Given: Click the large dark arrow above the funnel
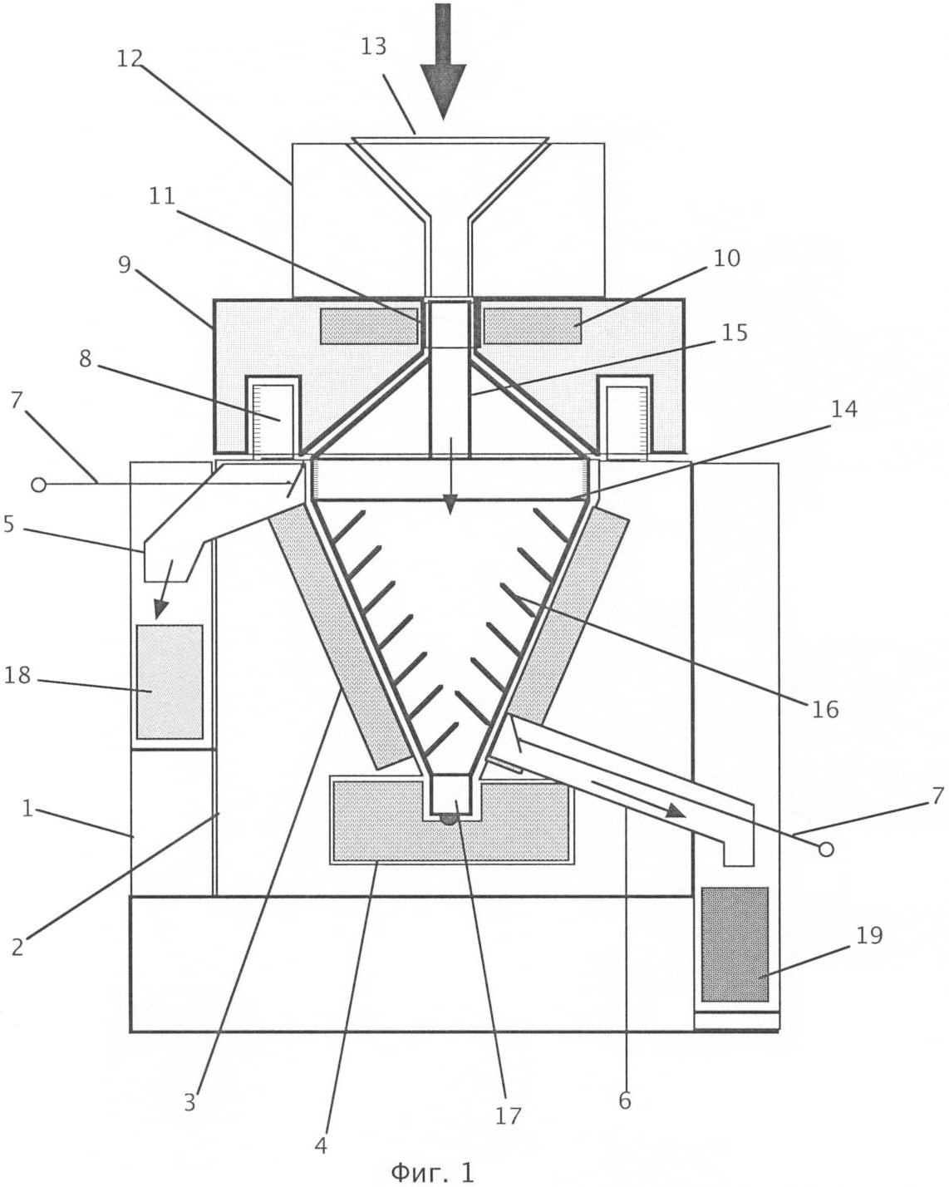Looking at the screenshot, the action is [x=443, y=61].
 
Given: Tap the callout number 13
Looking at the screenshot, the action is [x=373, y=47].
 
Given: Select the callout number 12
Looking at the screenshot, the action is [x=130, y=58].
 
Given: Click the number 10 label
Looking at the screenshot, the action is [x=727, y=259].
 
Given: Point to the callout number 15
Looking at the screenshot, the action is [x=735, y=332].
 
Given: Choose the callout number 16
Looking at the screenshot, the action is [x=825, y=709].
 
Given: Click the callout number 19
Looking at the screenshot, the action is [x=869, y=935].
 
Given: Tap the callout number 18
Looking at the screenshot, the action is [x=17, y=675].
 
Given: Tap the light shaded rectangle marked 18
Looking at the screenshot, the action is [x=170, y=682].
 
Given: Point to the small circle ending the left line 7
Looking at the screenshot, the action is [x=38, y=485].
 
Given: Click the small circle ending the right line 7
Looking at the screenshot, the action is [x=826, y=850].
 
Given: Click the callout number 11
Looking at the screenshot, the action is [x=162, y=196].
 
